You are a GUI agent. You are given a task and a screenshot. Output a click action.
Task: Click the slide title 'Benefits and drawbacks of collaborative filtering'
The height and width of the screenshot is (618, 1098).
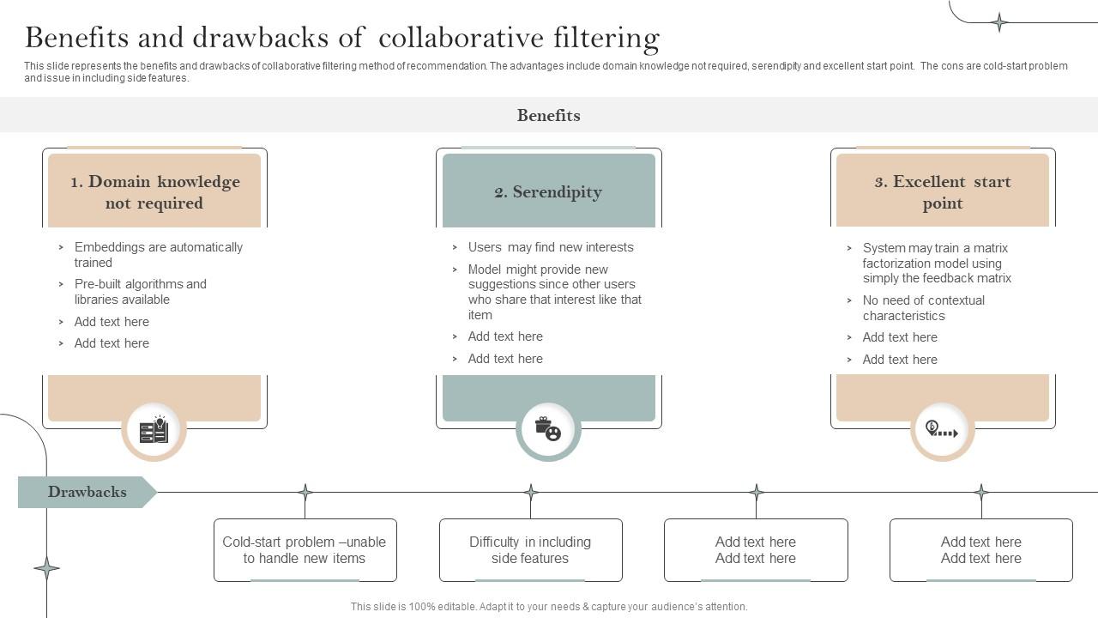[342, 38]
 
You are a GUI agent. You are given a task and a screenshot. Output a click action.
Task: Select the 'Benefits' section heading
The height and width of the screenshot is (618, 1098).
[548, 115]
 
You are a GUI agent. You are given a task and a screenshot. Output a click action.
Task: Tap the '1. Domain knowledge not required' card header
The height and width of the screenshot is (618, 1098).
[154, 191]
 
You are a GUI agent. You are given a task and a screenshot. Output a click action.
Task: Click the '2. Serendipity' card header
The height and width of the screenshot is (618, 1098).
[548, 191]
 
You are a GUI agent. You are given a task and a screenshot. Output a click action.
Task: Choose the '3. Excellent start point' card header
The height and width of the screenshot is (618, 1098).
[942, 191]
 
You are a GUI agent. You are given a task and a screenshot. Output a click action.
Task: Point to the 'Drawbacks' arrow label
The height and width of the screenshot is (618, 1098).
[87, 492]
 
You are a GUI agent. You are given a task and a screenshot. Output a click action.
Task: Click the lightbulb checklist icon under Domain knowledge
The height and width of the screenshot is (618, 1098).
[154, 429]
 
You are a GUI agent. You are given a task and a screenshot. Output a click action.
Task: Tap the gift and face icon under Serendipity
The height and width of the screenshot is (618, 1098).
[548, 429]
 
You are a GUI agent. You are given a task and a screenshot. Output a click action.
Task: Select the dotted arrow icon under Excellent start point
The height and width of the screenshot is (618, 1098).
[942, 429]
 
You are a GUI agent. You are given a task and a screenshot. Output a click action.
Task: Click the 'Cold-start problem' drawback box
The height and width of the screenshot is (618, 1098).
[305, 549]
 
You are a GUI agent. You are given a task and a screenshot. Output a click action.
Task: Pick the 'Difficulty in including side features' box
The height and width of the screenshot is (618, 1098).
[530, 549]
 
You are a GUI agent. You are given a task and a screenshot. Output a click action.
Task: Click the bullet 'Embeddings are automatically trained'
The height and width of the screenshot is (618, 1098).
[158, 254]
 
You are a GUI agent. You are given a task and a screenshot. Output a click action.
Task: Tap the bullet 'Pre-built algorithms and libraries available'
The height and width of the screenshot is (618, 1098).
[140, 291]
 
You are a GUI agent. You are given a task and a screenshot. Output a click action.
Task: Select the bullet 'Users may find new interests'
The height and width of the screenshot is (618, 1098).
[550, 247]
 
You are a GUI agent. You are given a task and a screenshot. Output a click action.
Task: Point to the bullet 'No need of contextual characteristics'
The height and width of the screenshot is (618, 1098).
[923, 307]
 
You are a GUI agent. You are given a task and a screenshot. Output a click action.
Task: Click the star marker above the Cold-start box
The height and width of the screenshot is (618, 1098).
[305, 492]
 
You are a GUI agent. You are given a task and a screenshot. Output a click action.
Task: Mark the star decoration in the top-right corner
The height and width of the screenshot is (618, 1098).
[999, 22]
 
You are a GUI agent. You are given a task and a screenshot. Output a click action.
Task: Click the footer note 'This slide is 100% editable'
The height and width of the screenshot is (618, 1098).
[549, 606]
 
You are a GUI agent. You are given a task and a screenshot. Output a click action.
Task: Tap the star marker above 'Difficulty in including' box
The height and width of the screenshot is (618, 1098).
[530, 492]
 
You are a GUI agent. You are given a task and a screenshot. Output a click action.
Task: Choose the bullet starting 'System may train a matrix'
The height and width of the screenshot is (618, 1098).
[936, 263]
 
